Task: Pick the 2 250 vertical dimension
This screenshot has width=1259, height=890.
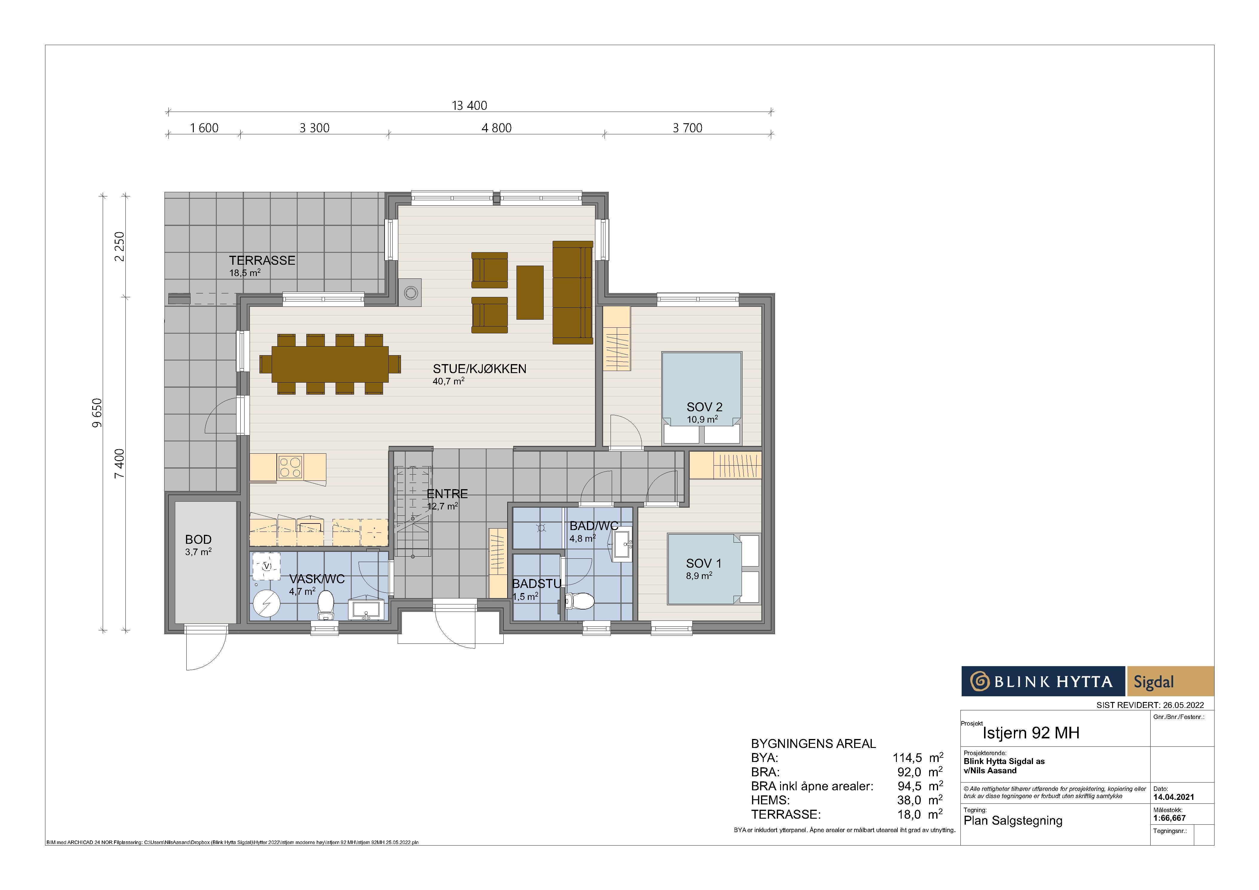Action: click(119, 247)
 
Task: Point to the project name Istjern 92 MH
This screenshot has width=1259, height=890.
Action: click(1031, 733)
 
